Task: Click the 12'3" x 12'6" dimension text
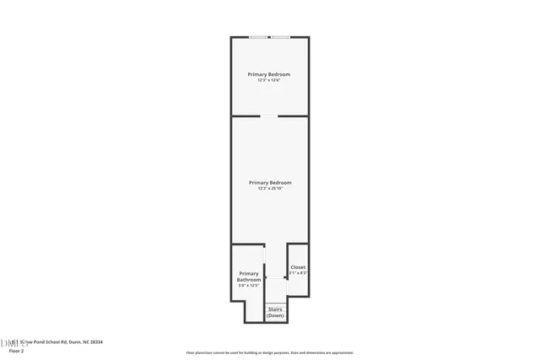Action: [269, 80]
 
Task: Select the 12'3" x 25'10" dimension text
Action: [270, 188]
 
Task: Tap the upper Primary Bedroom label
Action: [269, 74]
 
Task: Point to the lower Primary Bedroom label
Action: [270, 182]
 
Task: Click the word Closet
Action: [298, 267]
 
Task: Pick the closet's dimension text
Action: [298, 273]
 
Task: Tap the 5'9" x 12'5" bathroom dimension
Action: [249, 286]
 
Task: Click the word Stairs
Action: [275, 309]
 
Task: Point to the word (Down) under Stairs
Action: [275, 315]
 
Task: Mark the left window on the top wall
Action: [259, 37]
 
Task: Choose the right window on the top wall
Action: [280, 37]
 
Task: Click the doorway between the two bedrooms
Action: [269, 116]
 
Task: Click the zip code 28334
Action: [95, 342]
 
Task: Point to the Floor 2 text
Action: [16, 351]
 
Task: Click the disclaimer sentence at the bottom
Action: [270, 353]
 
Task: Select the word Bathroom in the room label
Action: [249, 280]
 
